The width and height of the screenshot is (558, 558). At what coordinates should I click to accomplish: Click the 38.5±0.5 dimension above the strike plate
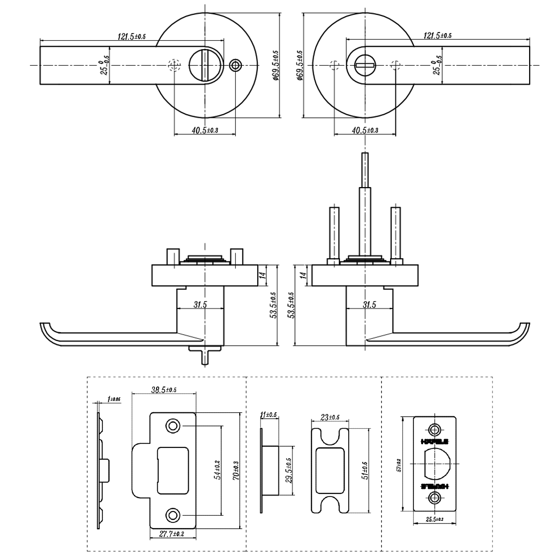click(x=164, y=390)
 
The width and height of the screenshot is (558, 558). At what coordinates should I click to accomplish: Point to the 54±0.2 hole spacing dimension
click(x=217, y=470)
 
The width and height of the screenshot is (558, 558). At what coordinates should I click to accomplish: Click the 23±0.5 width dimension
click(x=330, y=417)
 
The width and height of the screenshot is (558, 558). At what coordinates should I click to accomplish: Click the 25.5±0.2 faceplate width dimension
click(x=435, y=519)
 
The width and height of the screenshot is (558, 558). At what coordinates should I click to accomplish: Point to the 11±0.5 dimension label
click(x=269, y=415)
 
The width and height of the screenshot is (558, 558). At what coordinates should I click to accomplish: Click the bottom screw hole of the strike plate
click(x=172, y=515)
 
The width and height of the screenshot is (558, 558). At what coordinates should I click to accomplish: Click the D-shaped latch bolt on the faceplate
click(x=437, y=463)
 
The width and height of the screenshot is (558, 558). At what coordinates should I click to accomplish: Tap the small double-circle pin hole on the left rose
click(x=236, y=65)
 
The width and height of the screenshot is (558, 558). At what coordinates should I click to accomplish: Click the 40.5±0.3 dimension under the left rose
click(x=205, y=131)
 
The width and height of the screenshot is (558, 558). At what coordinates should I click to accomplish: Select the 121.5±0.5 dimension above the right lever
click(x=438, y=36)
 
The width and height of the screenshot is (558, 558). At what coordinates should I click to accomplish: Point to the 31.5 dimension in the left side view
click(x=200, y=305)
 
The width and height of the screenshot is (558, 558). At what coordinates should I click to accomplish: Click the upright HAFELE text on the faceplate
click(x=435, y=442)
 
